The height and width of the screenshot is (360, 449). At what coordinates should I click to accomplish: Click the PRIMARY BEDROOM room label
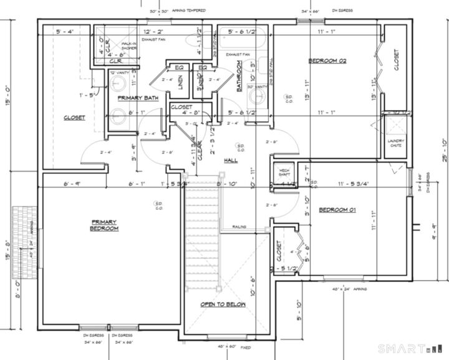pos(104,225)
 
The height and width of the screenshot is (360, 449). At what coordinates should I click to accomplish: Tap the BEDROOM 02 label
pos(327,61)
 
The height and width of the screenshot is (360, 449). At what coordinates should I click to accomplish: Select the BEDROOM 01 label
pos(337,210)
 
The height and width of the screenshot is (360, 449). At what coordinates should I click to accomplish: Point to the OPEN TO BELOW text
pos(223,304)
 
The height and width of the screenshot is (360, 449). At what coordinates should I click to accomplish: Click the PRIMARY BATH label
pos(137,98)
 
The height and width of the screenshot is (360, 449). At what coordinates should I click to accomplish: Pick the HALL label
pos(231,160)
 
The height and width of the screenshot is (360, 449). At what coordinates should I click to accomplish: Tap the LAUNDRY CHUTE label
pos(396,143)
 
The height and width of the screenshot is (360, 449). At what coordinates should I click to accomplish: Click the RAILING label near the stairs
pos(239,226)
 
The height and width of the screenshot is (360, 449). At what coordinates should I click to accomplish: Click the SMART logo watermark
pos(403,348)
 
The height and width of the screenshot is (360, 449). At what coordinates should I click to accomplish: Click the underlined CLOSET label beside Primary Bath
pos(74,117)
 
